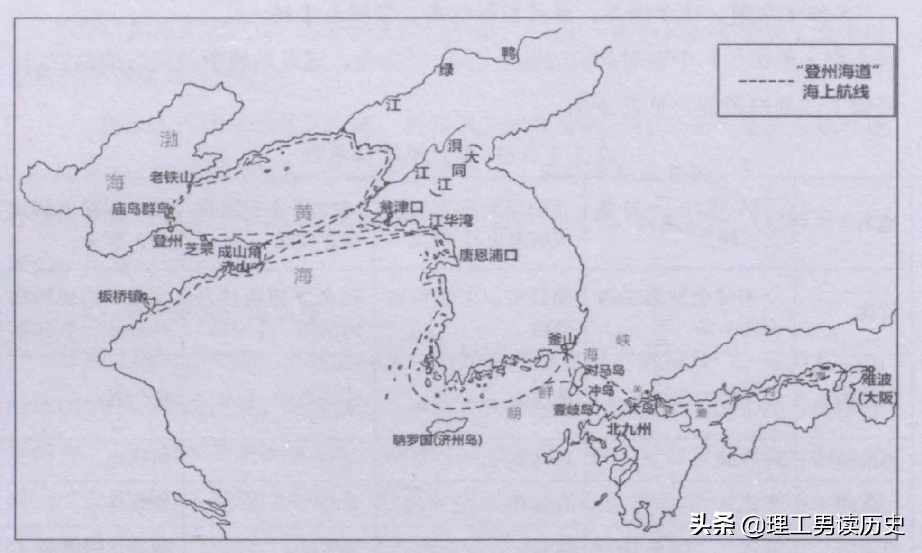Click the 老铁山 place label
pos(171,177)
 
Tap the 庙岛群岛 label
pos(140,209)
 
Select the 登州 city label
pos(167,241)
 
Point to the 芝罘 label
pos(199,248)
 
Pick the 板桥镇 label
pos(121,297)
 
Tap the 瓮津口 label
pos(402,207)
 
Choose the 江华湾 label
pos(451,220)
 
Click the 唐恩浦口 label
pos(488,256)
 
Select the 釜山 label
pos(562,339)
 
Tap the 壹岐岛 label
pos(573,410)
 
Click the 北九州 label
pos(629,429)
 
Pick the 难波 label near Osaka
pos(876,379)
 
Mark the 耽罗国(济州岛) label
pos(438,441)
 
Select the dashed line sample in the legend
pos(765,82)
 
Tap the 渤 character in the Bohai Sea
pos(169,139)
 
